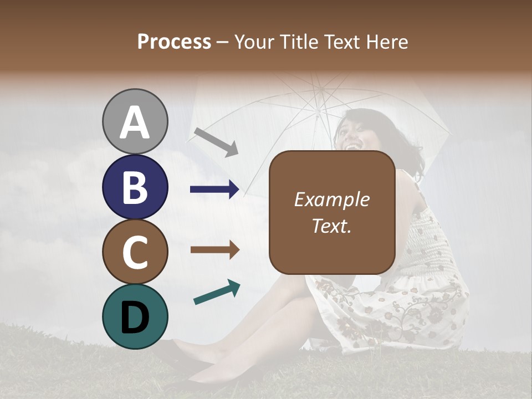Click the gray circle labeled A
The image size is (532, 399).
click(135, 121)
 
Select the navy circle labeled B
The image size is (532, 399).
click(135, 187)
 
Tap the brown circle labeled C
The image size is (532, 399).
click(135, 252)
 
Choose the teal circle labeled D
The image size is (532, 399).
click(135, 316)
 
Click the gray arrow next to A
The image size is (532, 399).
click(216, 142)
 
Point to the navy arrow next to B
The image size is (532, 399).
click(215, 190)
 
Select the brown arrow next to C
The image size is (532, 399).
click(215, 250)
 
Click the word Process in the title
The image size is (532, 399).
click(174, 42)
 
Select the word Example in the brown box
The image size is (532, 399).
click(331, 199)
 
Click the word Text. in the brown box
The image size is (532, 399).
click(331, 226)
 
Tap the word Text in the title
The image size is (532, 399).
click(341, 42)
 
